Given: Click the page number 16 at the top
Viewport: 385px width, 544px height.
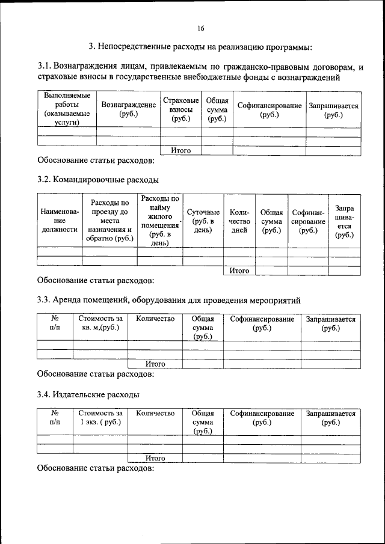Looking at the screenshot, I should (x=200, y=28).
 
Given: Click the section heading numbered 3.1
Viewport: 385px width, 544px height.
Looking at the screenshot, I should (x=205, y=72).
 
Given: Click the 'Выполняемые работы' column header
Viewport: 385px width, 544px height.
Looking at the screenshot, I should (x=67, y=109).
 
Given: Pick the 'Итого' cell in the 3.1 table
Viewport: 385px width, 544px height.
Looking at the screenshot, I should (x=180, y=151).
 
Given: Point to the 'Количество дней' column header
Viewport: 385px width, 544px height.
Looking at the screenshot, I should (x=239, y=221).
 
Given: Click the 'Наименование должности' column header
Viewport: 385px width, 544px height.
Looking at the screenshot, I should (x=59, y=221).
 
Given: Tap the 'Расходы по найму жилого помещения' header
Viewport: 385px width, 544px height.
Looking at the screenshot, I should (x=159, y=221).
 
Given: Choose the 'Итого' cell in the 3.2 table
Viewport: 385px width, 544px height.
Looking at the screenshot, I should (x=239, y=270).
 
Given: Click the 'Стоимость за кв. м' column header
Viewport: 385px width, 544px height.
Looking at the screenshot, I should (x=100, y=323).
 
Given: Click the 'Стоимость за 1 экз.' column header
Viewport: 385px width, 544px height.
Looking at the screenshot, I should (x=100, y=418).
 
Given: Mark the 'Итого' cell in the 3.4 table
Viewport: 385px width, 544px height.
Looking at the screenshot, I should (x=155, y=458).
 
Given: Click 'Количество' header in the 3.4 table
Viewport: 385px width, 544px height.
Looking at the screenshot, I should (x=155, y=414).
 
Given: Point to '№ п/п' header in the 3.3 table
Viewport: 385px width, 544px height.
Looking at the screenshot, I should (x=55, y=323).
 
